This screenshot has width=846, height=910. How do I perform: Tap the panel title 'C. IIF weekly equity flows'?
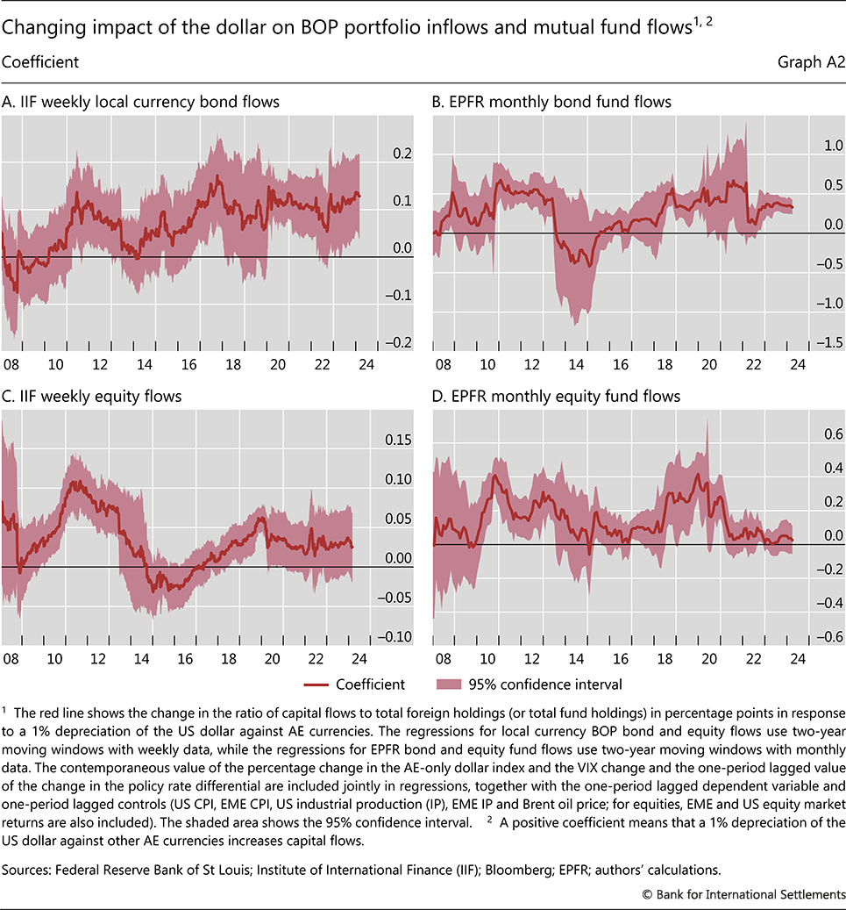[x=92, y=397]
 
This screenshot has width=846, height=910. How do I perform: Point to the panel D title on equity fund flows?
[x=557, y=397]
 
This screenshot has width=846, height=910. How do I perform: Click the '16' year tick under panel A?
[x=188, y=365]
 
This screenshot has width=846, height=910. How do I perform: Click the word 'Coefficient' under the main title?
[x=40, y=63]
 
